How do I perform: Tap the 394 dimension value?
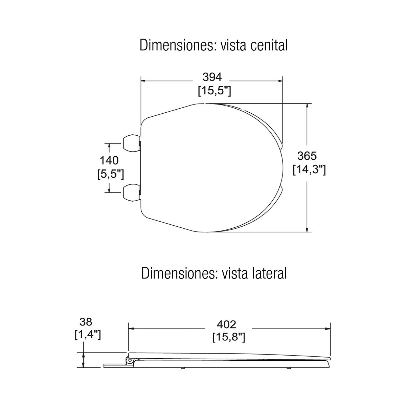[x=212, y=77]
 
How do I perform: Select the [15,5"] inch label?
[x=215, y=91]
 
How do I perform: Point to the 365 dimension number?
[x=307, y=156]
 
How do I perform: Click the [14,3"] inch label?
[x=309, y=170]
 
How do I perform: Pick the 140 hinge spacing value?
[x=109, y=160]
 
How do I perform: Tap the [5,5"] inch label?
[x=111, y=174]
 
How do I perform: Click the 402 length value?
[x=226, y=324]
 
